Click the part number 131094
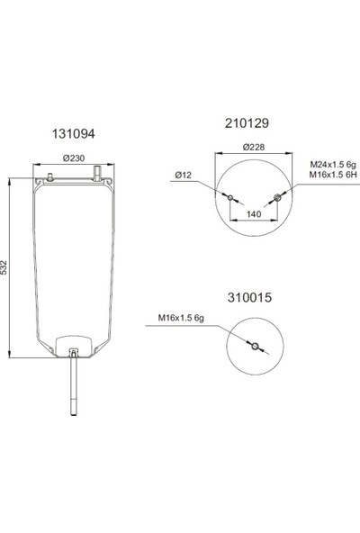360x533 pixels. pos(72,132)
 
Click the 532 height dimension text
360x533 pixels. pos(7,267)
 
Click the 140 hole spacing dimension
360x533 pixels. pos(254,215)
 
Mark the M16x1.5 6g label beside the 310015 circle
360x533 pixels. pos(181,317)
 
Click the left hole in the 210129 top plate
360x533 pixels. pos(230,197)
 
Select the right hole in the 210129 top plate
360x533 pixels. pos(276,197)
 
